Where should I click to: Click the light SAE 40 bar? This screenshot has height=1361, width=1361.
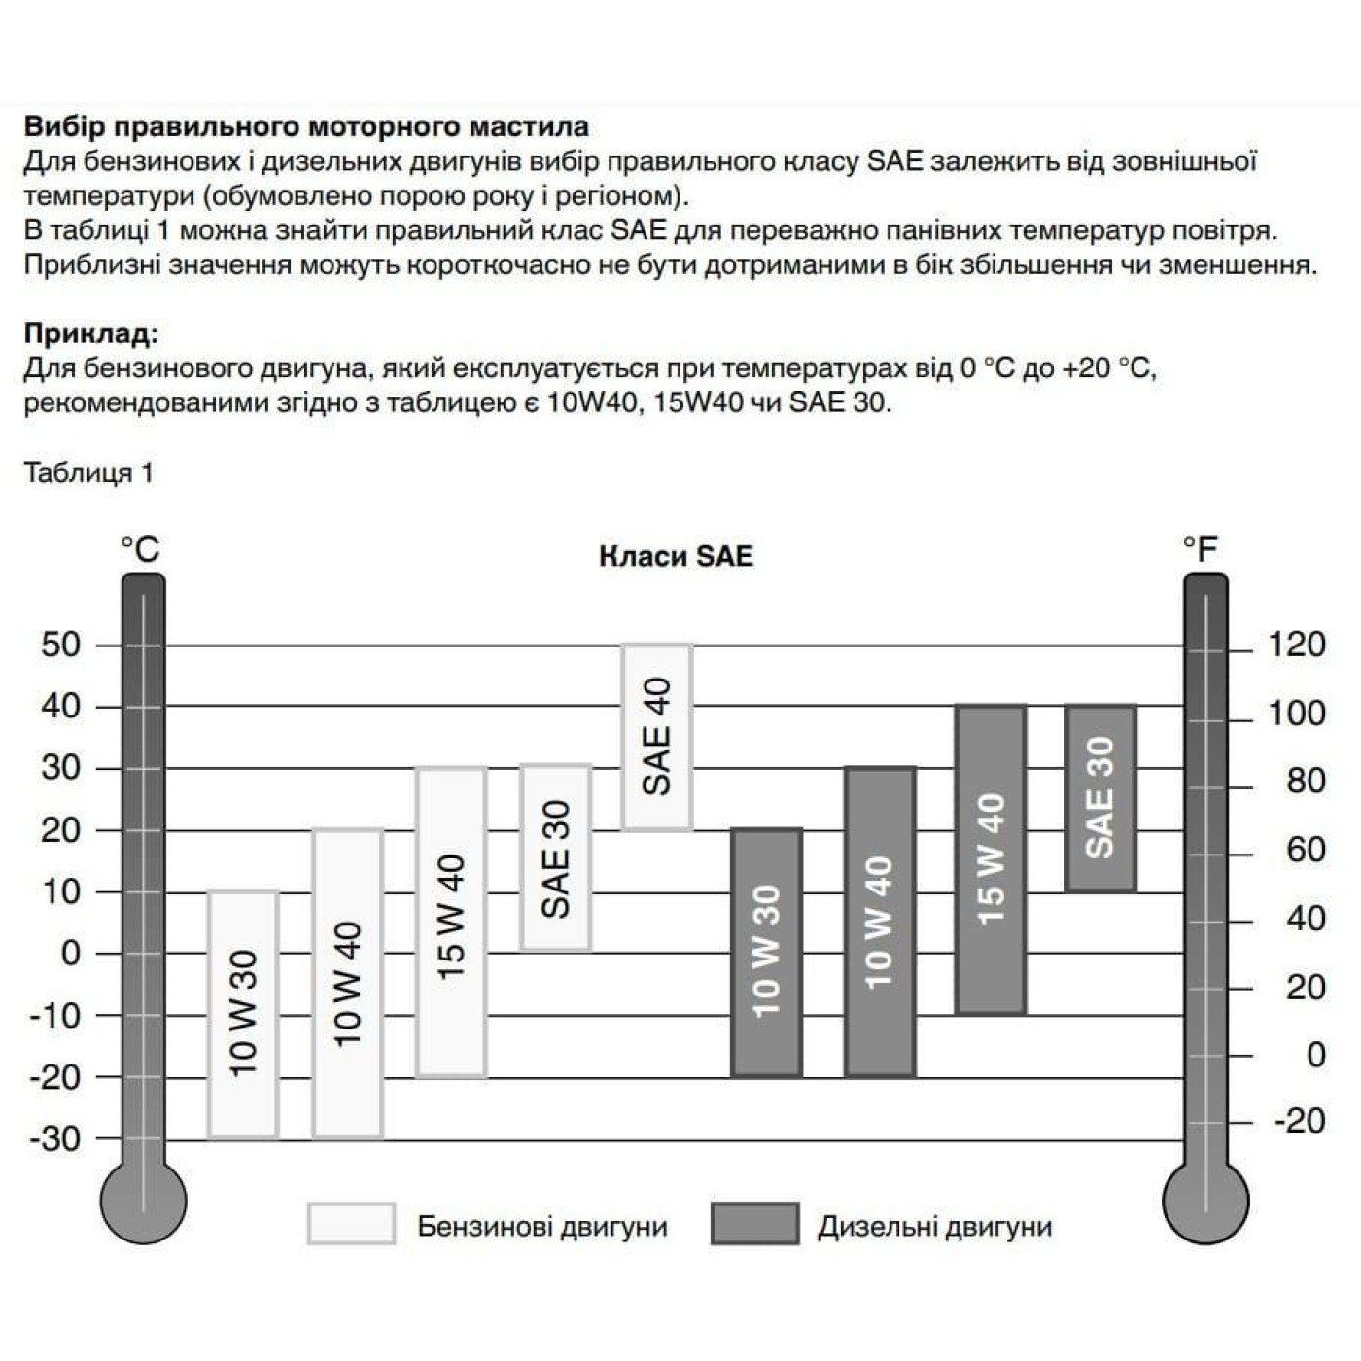coord(657,737)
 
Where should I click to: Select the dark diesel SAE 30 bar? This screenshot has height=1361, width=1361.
coord(1100,797)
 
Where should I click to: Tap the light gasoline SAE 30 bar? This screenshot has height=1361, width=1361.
coord(555,857)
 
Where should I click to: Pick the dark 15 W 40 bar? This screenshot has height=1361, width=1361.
coord(991,859)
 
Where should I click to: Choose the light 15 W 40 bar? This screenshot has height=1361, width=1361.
coord(452,922)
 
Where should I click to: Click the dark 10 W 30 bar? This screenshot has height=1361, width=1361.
coord(767,952)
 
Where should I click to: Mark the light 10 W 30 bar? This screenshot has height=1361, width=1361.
coord(243,1014)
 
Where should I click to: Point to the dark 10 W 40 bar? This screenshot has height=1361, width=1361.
coord(879,922)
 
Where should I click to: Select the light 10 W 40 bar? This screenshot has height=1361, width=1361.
coord(347,983)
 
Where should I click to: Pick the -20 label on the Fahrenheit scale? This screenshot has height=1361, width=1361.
coord(1299,1121)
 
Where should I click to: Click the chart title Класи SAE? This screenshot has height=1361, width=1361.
coord(676,556)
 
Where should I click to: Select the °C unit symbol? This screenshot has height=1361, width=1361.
coord(140,549)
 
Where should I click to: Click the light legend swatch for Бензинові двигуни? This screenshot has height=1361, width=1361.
coord(351,1224)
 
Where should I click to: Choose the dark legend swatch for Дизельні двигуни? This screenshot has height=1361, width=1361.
coord(754,1224)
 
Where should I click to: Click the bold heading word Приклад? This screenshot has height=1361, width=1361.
coord(90,333)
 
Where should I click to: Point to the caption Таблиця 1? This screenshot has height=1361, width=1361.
coord(88,473)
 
